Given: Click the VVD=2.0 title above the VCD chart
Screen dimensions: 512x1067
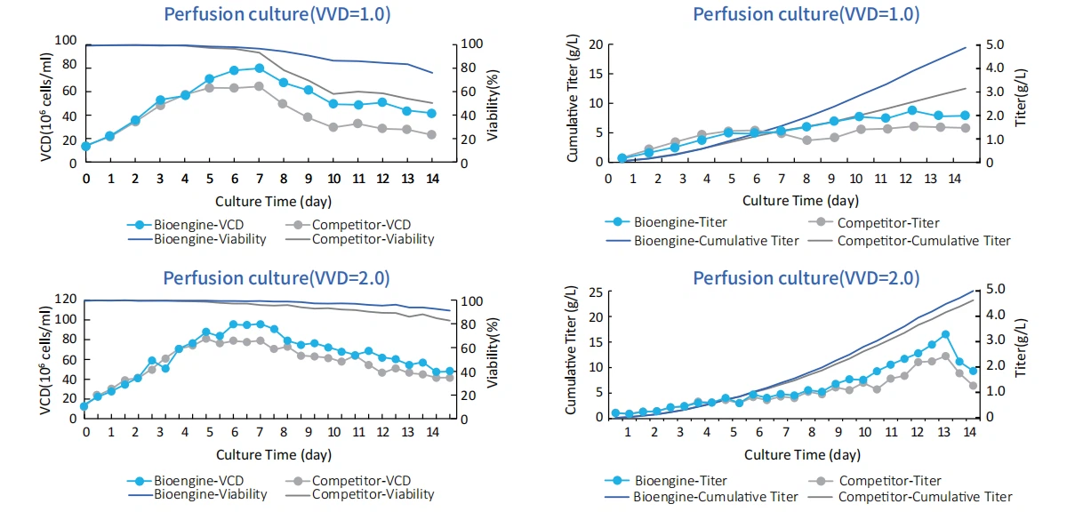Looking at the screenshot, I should [276, 277].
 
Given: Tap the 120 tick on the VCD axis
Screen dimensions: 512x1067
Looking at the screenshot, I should [66, 300].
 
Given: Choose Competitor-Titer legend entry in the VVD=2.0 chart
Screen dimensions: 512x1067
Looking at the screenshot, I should [888, 481].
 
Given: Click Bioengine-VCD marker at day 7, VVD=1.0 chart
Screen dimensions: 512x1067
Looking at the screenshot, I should [259, 68].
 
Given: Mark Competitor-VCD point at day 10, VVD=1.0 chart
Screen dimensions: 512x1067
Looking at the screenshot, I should [333, 127].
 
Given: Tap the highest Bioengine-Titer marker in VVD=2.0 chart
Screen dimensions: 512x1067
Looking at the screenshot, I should [945, 334].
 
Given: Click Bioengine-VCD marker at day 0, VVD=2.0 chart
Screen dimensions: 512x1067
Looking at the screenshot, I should [85, 406].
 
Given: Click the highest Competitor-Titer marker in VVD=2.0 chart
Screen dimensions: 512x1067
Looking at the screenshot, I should [945, 356].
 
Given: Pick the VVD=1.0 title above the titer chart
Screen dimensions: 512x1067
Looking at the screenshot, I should [806, 14].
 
